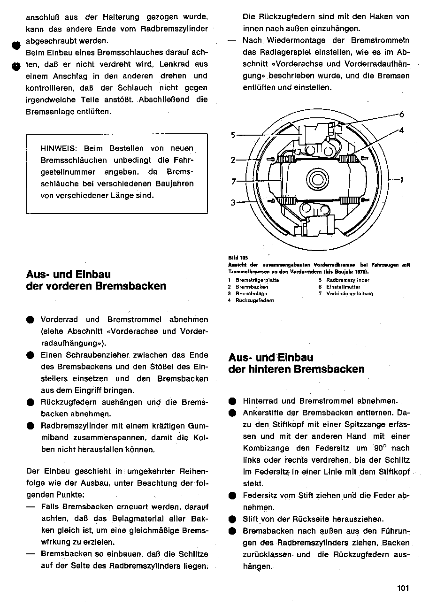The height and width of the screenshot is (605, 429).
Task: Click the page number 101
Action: pyautogui.click(x=403, y=588)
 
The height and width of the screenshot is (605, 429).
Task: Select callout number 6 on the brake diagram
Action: pyautogui.click(x=402, y=114)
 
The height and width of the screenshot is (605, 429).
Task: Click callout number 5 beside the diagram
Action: pyautogui.click(x=233, y=135)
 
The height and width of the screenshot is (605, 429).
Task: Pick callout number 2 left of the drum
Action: pyautogui.click(x=233, y=160)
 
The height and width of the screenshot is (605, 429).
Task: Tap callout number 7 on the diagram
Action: pyautogui.click(x=233, y=182)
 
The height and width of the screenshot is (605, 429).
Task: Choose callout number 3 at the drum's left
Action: pyautogui.click(x=233, y=203)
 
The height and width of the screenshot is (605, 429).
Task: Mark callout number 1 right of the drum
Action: pyautogui.click(x=402, y=179)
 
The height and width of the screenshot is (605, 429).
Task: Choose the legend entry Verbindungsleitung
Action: pyautogui.click(x=350, y=293)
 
